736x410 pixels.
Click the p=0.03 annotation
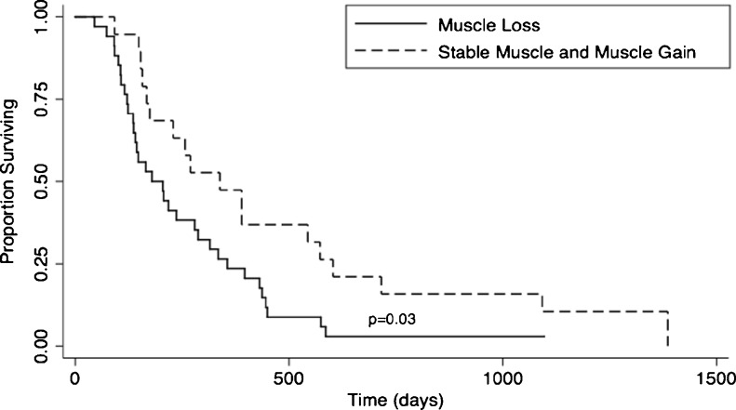(x=393, y=320)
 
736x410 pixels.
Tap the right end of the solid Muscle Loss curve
(x=543, y=337)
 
